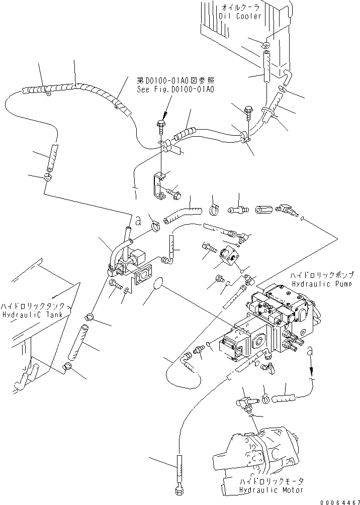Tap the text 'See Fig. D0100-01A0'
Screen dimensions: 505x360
(168, 89)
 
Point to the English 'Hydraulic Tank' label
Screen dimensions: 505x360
(31, 315)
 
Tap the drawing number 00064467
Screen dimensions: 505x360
(338, 501)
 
